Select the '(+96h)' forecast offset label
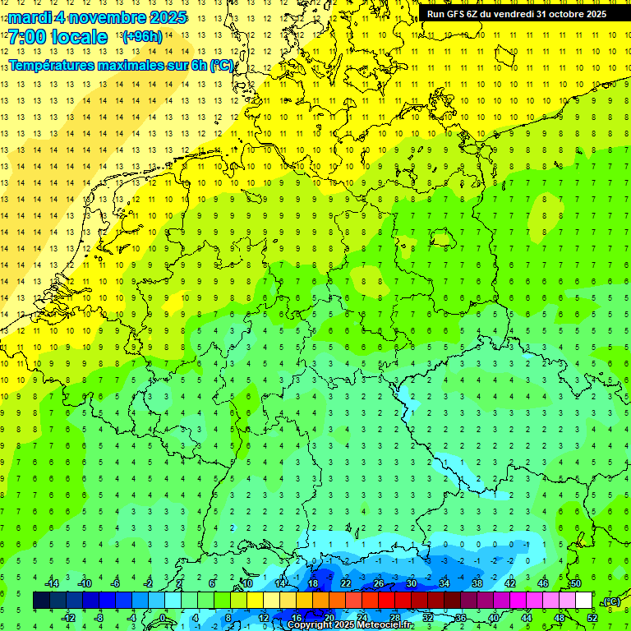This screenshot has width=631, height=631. click(x=142, y=37)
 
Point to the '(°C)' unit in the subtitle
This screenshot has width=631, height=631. click(x=222, y=65)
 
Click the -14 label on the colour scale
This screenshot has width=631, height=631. click(x=52, y=583)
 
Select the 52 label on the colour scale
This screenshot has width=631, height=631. click(x=592, y=618)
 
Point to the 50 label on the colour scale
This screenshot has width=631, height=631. click(x=575, y=583)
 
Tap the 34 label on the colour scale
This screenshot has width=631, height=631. click(x=444, y=583)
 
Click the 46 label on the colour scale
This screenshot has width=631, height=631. click(x=542, y=583)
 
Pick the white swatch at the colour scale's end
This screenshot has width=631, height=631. click(x=583, y=601)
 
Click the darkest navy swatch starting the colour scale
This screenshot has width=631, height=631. click(x=41, y=601)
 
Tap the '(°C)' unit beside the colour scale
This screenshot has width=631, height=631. click(x=611, y=601)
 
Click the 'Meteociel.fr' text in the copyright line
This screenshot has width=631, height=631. click(x=380, y=625)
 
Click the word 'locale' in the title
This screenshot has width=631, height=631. click(x=79, y=37)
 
